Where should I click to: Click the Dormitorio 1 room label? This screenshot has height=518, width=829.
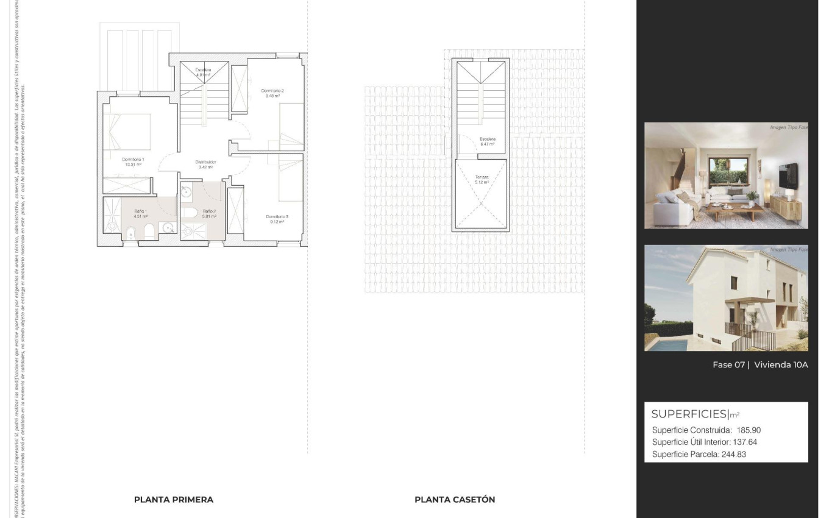click(133, 160)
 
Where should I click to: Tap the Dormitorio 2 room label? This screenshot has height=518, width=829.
click(272, 91)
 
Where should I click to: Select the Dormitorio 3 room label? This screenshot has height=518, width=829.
click(277, 217)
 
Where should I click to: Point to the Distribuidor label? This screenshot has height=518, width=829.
click(205, 162)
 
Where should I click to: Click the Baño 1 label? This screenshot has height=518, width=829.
click(140, 211)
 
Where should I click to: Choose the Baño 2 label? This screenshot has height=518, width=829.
click(209, 211)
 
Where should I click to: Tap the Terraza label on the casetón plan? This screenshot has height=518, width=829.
click(482, 177)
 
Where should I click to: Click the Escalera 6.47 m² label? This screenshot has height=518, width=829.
click(487, 140)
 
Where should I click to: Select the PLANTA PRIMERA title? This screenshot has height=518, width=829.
click(174, 500)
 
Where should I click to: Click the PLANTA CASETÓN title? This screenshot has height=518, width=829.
click(455, 500)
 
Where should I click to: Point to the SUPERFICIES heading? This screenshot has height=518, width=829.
click(689, 414)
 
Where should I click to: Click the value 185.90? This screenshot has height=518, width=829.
click(749, 430)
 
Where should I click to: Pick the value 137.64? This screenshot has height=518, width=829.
click(745, 442)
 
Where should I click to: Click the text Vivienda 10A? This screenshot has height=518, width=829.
click(781, 365)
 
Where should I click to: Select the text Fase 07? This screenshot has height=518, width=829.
click(728, 365)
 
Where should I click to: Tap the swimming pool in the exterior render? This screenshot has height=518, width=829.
click(666, 345)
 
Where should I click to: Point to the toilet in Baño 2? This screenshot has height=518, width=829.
click(189, 213)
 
